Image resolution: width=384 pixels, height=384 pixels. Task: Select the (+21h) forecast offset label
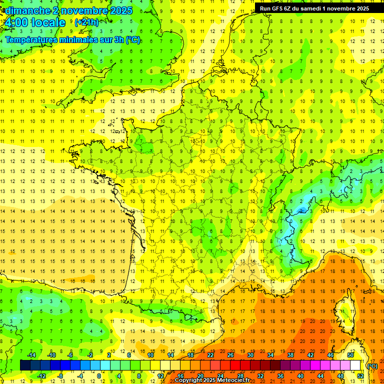[x=86, y=22]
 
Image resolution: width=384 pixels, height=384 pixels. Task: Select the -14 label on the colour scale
[x=31, y=355]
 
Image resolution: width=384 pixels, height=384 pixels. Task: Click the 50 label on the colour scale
[x=350, y=355]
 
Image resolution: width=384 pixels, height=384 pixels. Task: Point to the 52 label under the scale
[x=360, y=375]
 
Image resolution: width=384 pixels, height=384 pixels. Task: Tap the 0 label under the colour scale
[x=98, y=375]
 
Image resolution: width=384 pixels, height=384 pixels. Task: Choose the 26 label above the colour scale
[x=230, y=355]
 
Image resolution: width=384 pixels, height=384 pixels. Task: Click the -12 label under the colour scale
[x=41, y=375]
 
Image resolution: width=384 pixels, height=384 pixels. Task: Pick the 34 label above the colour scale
[x=270, y=355]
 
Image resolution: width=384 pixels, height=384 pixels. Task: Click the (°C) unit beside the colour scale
[x=372, y=366]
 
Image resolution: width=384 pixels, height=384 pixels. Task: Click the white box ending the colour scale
[x=355, y=365]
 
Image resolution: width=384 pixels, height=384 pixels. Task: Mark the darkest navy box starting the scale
[x=25, y=365]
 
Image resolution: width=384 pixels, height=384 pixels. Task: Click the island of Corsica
[x=345, y=312]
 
